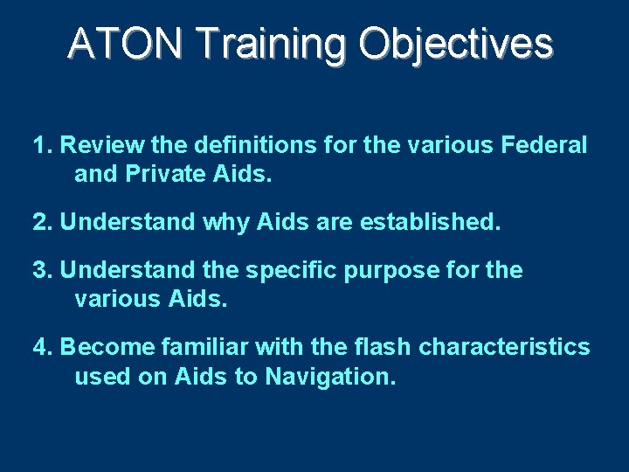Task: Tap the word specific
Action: point(287,271)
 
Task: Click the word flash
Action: point(382,348)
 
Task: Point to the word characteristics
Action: point(504,348)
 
